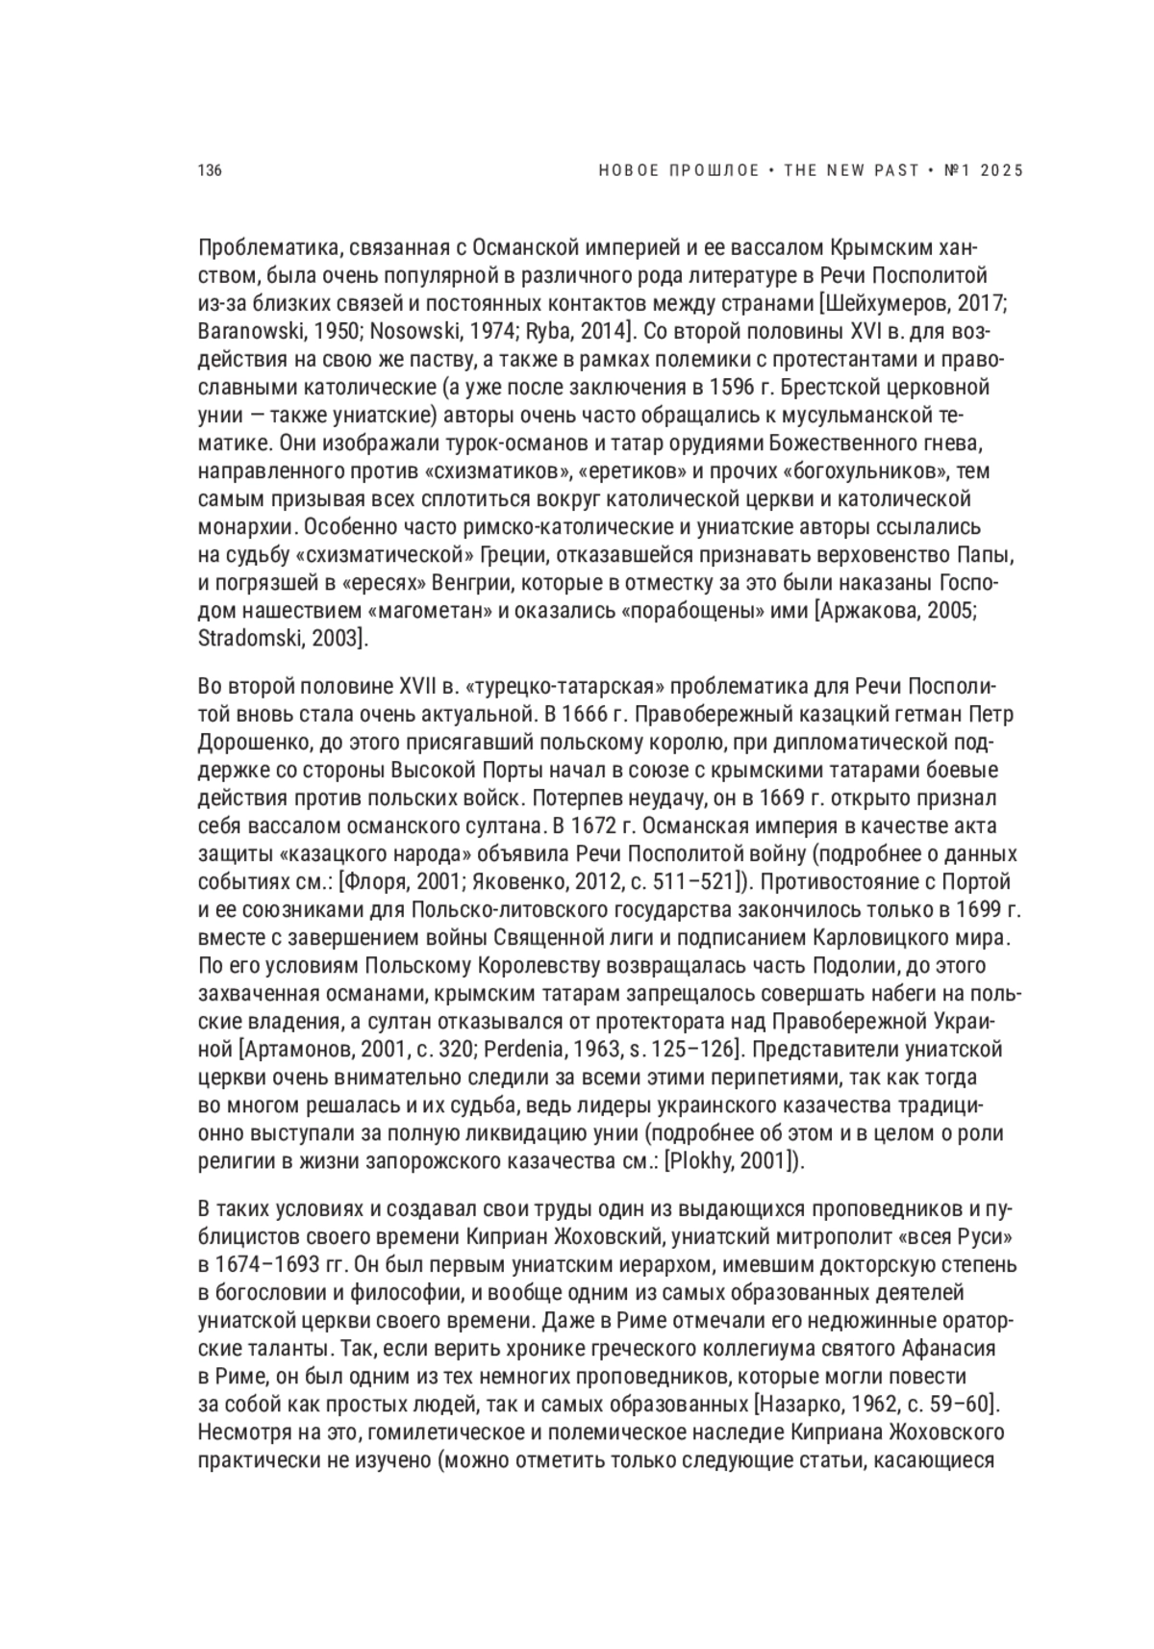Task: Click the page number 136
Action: pyautogui.click(x=210, y=171)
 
